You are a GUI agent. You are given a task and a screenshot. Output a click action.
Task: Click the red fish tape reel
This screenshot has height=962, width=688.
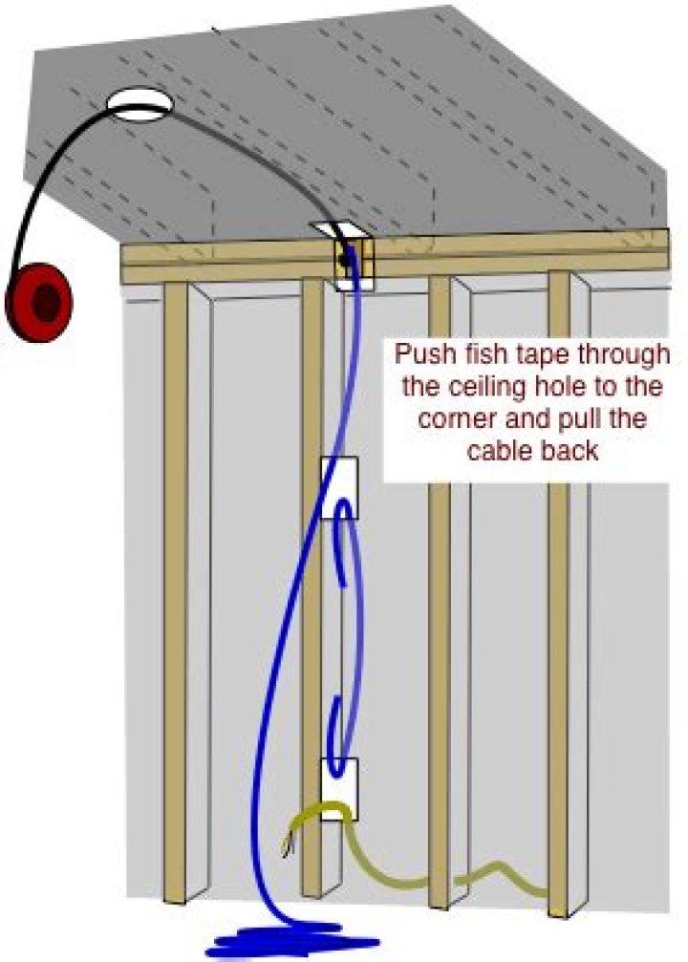[x=38, y=302]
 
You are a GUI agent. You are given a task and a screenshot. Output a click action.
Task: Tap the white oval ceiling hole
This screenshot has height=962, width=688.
[x=140, y=105]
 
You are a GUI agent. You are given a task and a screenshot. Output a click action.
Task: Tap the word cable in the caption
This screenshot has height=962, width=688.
[x=498, y=451]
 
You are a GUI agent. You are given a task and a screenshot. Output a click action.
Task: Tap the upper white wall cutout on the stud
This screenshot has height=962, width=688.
[x=339, y=488]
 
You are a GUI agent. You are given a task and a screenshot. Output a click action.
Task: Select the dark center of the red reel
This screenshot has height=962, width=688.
[x=44, y=303]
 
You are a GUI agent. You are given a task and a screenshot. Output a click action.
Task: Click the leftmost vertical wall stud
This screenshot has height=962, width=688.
[x=176, y=592]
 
